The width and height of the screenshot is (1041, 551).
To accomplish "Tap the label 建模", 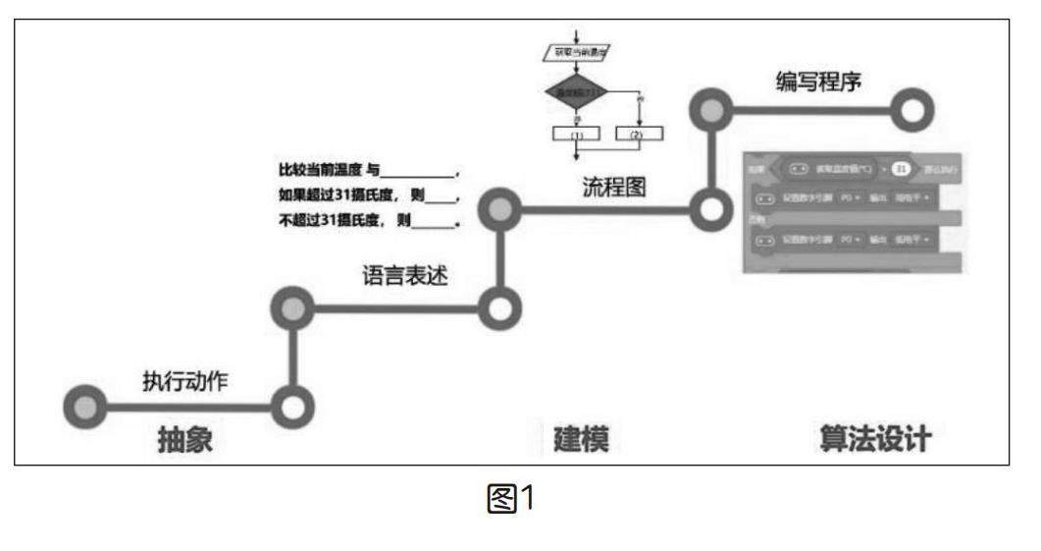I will pos(581,440).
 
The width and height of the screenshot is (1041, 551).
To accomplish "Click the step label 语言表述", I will pos(404,277).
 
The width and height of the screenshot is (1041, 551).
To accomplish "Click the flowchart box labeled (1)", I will pos(576,133).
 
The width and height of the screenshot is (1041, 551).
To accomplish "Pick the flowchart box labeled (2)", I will pos(639,133).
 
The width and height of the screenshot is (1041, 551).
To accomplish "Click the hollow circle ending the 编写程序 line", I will pos(912,111).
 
